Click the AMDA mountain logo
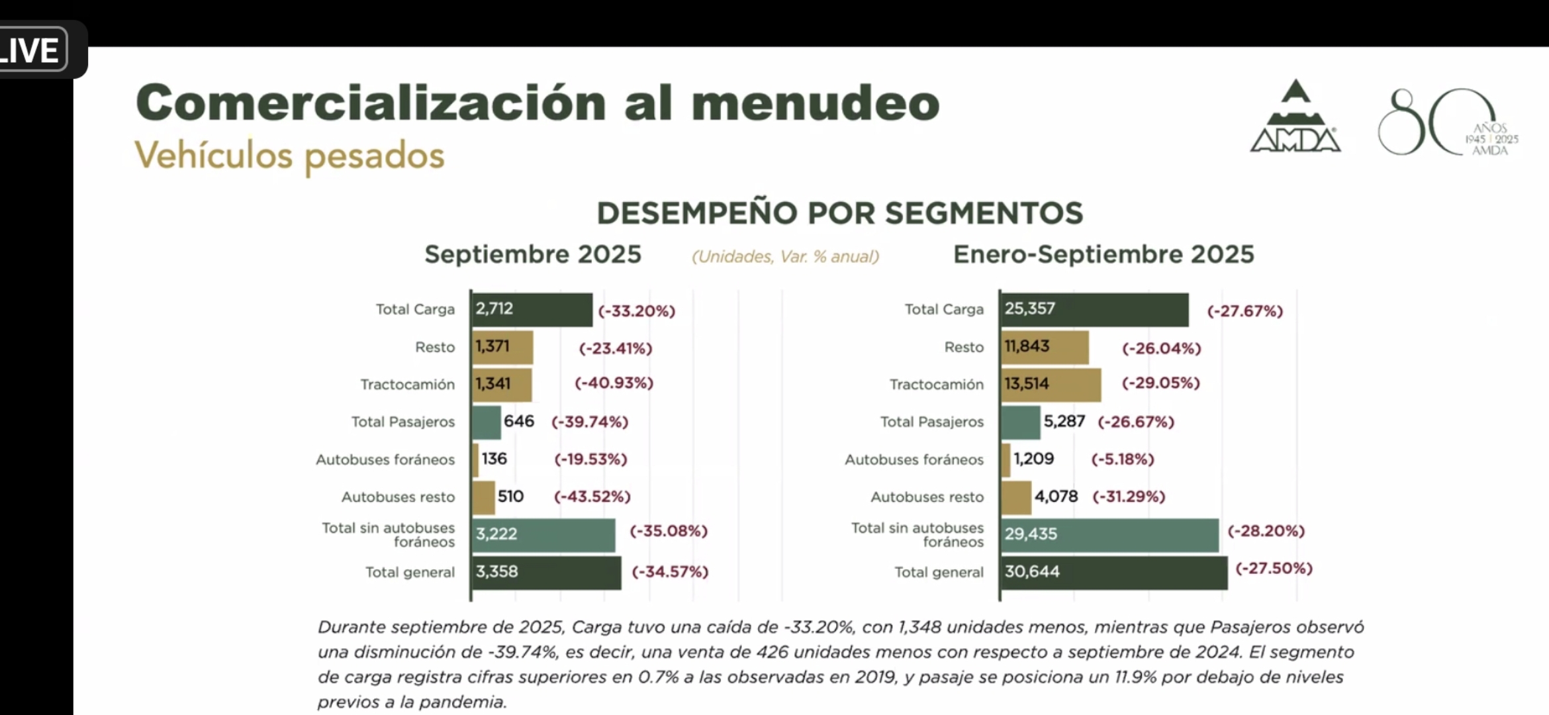pyautogui.click(x=1295, y=118)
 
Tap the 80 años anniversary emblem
pyautogui.click(x=1446, y=123)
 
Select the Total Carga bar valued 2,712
pyautogui.click(x=532, y=310)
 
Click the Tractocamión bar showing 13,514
pyautogui.click(x=1051, y=385)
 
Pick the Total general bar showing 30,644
pyautogui.click(x=1113, y=573)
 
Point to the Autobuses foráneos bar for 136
pyautogui.click(x=475, y=459)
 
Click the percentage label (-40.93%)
pyautogui.click(x=614, y=383)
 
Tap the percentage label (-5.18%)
pyautogui.click(x=1122, y=459)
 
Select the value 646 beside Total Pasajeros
pyautogui.click(x=518, y=422)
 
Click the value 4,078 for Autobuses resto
pyautogui.click(x=1056, y=497)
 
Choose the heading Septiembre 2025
pyautogui.click(x=533, y=255)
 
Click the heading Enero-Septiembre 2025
pyautogui.click(x=1103, y=255)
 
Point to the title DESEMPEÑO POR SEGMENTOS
pyautogui.click(x=839, y=213)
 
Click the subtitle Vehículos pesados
pyautogui.click(x=290, y=156)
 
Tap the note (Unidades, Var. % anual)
pyautogui.click(x=785, y=257)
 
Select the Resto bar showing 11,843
pyautogui.click(x=1045, y=348)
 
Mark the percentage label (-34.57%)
pyautogui.click(x=670, y=572)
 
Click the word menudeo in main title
pyautogui.click(x=815, y=104)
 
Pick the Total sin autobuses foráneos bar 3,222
pyautogui.click(x=543, y=535)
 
